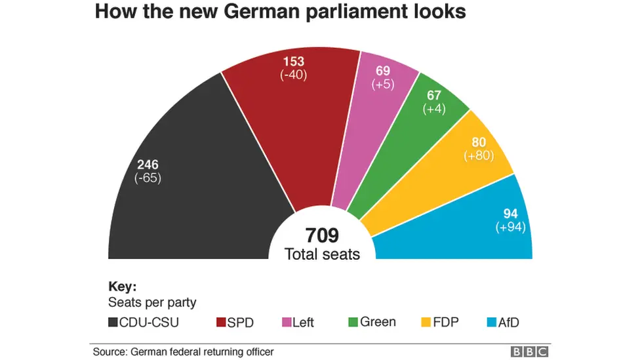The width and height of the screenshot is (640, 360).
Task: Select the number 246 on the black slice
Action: pyautogui.click(x=148, y=165)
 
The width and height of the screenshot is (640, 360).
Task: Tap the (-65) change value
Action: pyautogui.click(x=148, y=178)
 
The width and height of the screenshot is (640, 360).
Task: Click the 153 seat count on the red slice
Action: pyautogui.click(x=293, y=62)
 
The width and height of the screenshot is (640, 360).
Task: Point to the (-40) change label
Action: pyautogui.click(x=293, y=75)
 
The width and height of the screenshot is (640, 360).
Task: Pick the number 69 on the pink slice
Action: pyautogui.click(x=382, y=71)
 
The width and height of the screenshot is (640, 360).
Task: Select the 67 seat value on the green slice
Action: pyautogui.click(x=435, y=96)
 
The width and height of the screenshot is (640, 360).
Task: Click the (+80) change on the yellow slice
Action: pyautogui.click(x=479, y=156)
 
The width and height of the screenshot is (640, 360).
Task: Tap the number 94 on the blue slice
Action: pyautogui.click(x=511, y=214)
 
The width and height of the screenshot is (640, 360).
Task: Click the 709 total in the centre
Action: pyautogui.click(x=322, y=237)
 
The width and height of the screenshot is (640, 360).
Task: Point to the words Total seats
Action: pyautogui.click(x=322, y=254)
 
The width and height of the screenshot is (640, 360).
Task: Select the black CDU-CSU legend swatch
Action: pyautogui.click(x=112, y=322)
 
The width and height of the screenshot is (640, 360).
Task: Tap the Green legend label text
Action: pyautogui.click(x=378, y=322)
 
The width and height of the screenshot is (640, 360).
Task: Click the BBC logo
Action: pyautogui.click(x=529, y=352)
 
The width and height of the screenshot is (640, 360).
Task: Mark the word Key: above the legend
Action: pyautogui.click(x=122, y=287)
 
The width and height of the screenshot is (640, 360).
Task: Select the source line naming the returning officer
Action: pyautogui.click(x=183, y=352)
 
